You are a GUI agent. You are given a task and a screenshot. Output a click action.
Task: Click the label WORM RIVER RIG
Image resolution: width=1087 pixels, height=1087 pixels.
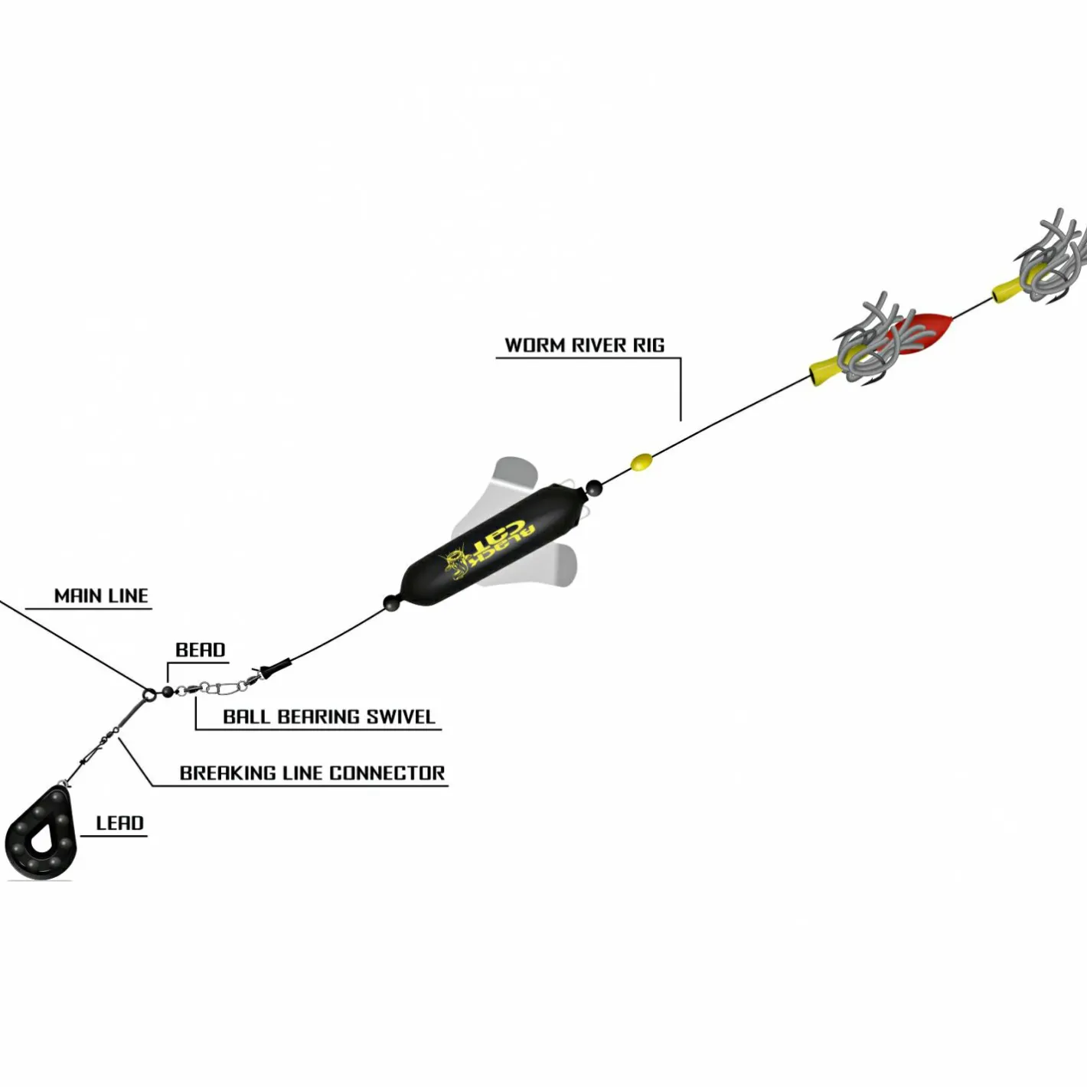[584, 344]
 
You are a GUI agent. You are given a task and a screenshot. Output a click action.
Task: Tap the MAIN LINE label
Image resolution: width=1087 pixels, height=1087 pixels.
[101, 596]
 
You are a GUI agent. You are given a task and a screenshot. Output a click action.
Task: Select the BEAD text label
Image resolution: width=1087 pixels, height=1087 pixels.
[201, 650]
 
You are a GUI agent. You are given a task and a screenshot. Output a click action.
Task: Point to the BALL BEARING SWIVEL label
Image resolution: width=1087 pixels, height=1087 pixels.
[329, 717]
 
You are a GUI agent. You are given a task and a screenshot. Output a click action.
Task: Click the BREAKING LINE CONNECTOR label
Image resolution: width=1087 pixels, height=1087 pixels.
[312, 773]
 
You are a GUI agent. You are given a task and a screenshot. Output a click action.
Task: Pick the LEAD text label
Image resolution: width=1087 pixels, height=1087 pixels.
[119, 823]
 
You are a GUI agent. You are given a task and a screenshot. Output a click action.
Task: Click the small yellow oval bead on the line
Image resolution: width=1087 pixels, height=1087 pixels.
[641, 462]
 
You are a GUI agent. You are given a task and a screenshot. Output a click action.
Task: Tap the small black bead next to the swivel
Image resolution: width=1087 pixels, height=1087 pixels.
[168, 692]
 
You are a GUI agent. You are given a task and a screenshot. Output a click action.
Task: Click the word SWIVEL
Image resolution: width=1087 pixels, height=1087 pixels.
[400, 717]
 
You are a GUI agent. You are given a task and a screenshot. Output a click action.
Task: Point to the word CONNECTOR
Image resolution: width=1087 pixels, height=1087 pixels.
[387, 773]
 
